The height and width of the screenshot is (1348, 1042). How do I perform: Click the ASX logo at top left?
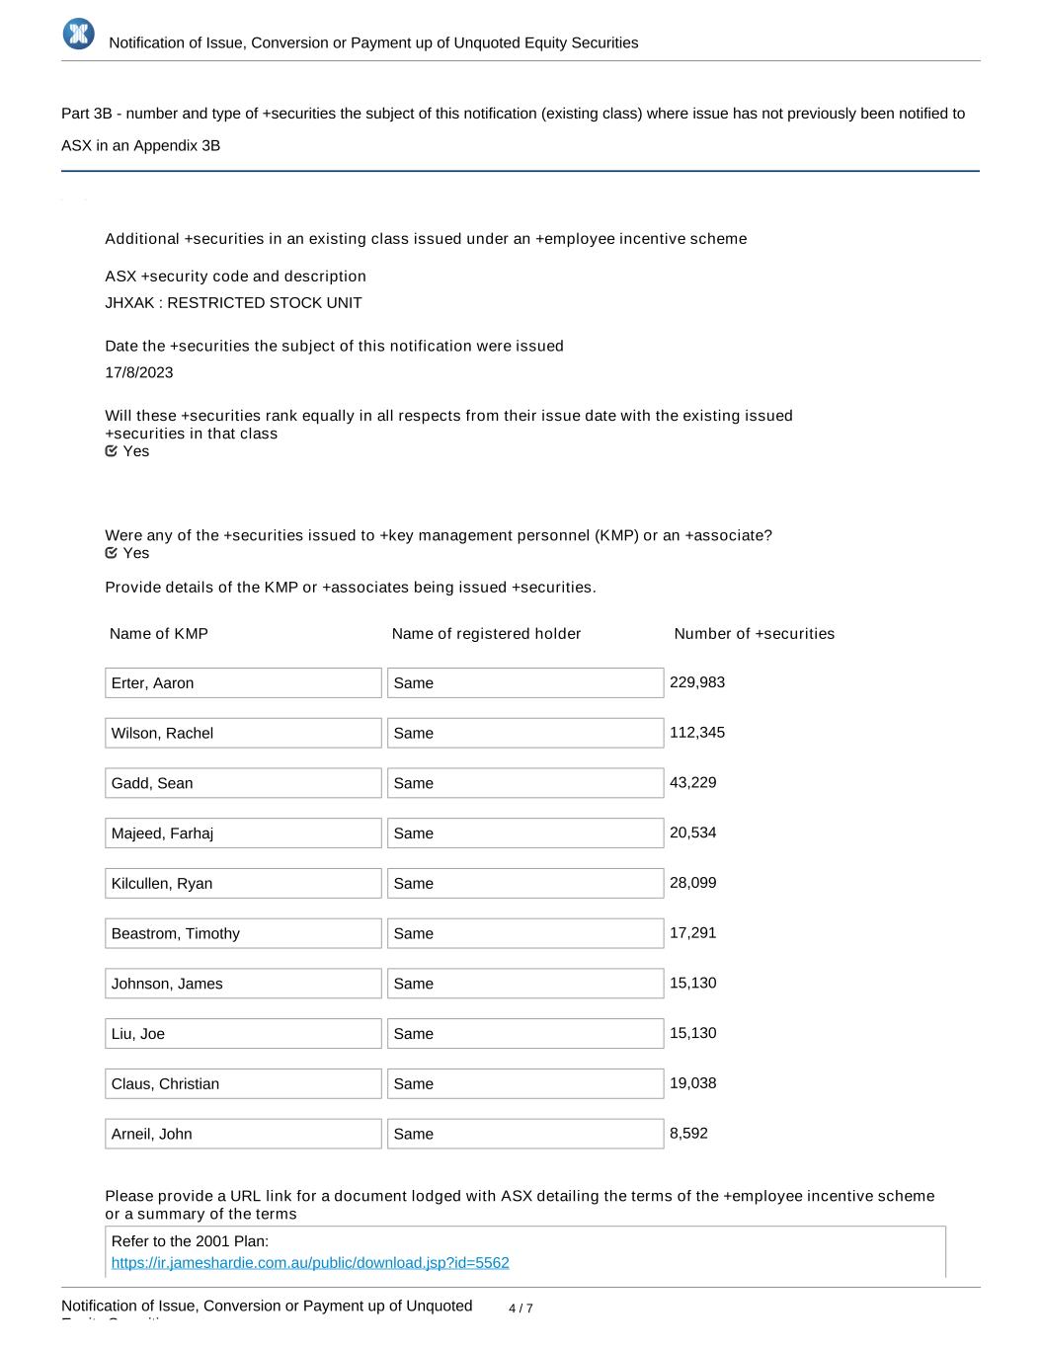coord(78,34)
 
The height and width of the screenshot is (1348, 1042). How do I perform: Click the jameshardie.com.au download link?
coord(310,1262)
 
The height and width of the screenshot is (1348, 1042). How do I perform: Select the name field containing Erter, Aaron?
coord(243,682)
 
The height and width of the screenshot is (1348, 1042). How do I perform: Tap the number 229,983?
coord(697,682)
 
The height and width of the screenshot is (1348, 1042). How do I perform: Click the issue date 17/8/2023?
coord(139,372)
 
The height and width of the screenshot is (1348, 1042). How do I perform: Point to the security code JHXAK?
coord(129,302)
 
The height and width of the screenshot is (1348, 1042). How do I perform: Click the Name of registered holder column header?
coord(486,633)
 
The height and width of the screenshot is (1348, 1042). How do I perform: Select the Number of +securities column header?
coord(754,633)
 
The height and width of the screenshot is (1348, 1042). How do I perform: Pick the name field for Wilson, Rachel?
coord(243,733)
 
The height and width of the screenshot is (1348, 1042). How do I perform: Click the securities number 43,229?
coord(693,782)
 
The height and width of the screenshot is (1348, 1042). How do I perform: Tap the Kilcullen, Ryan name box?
coord(243,883)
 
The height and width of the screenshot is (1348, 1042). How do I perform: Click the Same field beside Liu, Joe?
coord(524,1033)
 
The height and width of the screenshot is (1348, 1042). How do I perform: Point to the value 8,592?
coord(688,1133)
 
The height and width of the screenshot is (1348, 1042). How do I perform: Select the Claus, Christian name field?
coord(243,1083)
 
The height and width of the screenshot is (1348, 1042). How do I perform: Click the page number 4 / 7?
coord(521,1308)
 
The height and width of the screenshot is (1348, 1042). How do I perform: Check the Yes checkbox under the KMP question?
coord(112,553)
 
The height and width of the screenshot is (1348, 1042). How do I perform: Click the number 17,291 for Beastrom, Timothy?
coord(693,932)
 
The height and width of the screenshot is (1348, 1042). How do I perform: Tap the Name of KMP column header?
coord(159,633)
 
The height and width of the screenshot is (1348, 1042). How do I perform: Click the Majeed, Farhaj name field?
coord(243,833)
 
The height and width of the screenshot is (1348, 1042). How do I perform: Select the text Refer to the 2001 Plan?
coord(190,1241)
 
